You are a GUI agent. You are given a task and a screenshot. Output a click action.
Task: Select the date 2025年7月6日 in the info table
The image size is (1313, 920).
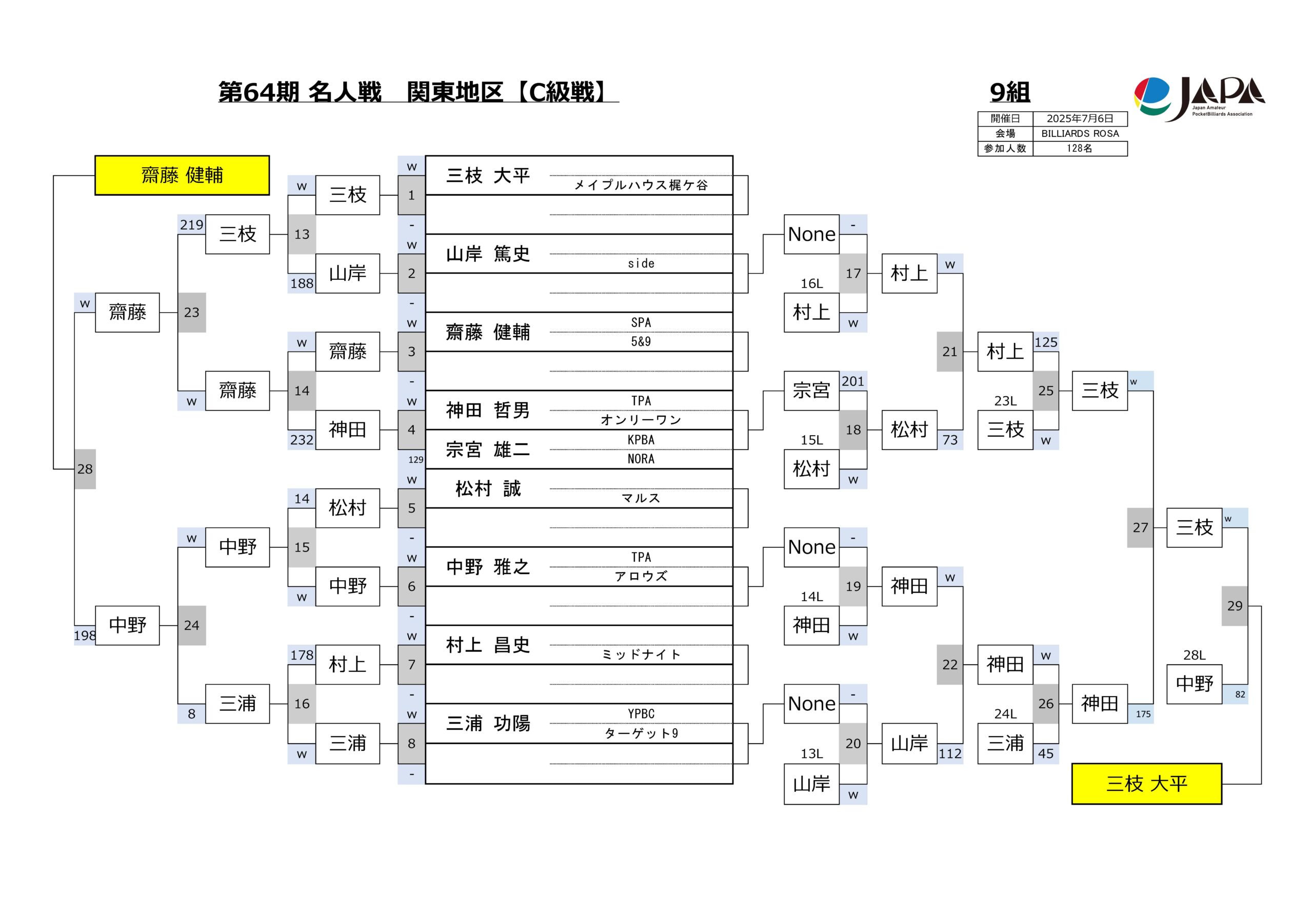pyautogui.click(x=1080, y=119)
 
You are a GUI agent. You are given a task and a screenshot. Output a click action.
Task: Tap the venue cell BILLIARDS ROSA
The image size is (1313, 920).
pyautogui.click(x=1080, y=134)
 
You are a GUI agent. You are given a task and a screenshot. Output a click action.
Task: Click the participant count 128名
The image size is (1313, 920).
pyautogui.click(x=1080, y=149)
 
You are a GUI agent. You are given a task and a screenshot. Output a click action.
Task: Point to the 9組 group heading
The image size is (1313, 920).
pyautogui.click(x=1010, y=92)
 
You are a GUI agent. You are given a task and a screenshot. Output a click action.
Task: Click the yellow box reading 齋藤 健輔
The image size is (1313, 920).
pyautogui.click(x=182, y=175)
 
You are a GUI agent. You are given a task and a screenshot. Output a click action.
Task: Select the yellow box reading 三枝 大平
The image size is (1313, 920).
pyautogui.click(x=1147, y=784)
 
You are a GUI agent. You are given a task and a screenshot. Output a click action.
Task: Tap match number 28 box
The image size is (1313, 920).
pyautogui.click(x=85, y=469)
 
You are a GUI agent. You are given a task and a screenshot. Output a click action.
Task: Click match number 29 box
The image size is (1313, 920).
pyautogui.click(x=1235, y=606)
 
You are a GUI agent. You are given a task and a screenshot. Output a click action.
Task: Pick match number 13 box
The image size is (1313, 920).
pyautogui.click(x=302, y=234)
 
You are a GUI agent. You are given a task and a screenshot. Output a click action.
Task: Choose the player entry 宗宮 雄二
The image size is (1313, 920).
pyautogui.click(x=488, y=449)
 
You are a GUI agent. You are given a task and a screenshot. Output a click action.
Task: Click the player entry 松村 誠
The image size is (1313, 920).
pyautogui.click(x=488, y=488)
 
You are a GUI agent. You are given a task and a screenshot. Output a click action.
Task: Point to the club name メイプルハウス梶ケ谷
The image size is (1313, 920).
pyautogui.click(x=641, y=185)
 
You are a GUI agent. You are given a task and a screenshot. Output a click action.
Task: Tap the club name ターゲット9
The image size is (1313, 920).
pyautogui.click(x=641, y=733)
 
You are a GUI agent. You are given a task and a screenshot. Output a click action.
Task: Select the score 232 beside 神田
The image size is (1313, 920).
pyautogui.click(x=302, y=440)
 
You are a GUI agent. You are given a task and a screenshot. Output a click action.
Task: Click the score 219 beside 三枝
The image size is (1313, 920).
pyautogui.click(x=192, y=224)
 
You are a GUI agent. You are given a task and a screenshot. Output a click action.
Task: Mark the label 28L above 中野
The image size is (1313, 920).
pyautogui.click(x=1194, y=655)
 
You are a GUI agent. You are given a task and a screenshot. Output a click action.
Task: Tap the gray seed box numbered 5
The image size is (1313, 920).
pyautogui.click(x=411, y=508)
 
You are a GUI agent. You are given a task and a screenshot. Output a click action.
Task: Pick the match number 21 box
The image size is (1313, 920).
pyautogui.click(x=949, y=352)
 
